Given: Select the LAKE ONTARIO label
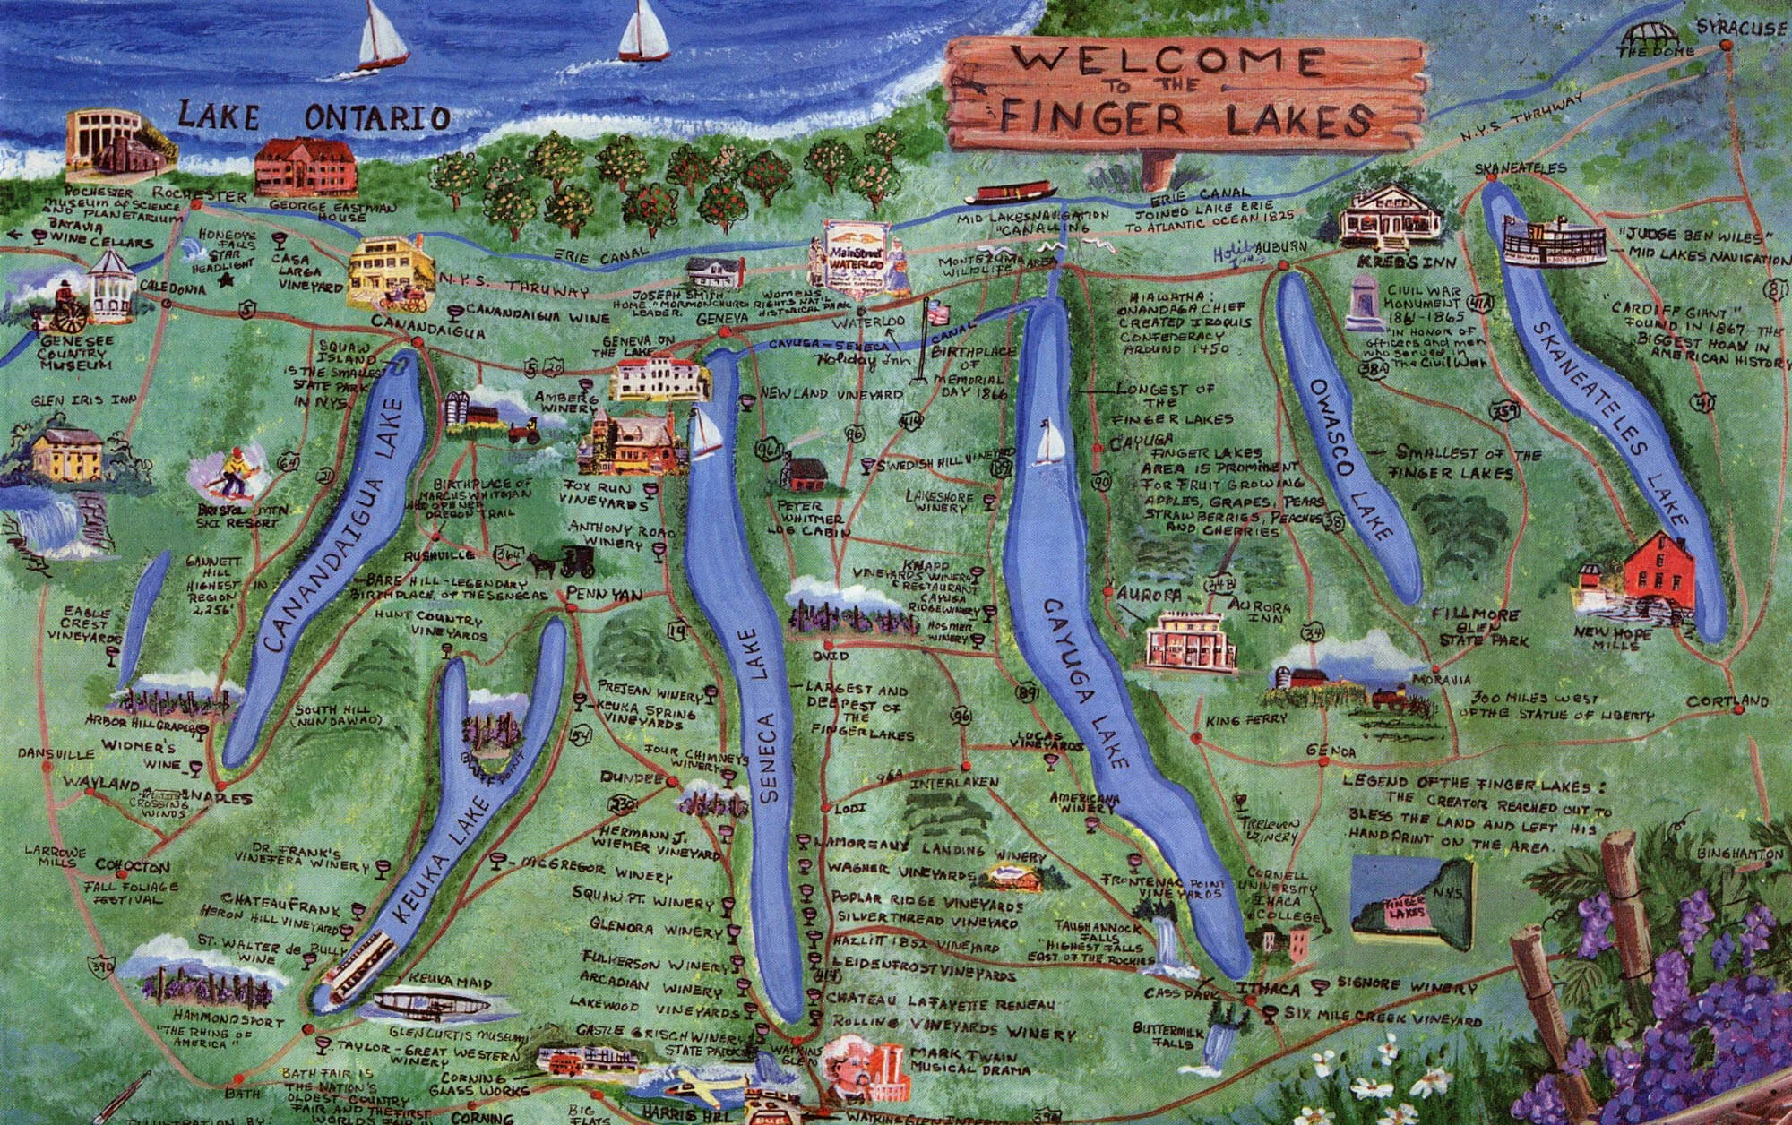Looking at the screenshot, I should coord(314,117).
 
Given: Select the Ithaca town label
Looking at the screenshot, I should coord(1267,989).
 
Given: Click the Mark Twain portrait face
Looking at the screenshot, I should coord(846,1066).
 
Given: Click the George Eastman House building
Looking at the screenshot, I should coord(306,167).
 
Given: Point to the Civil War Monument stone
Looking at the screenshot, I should coord(1366,304).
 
